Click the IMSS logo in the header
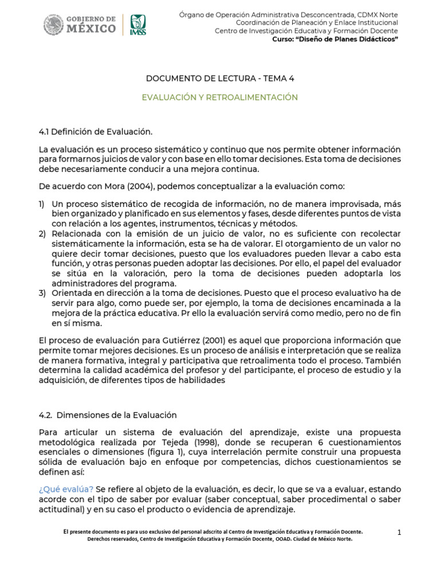click(x=137, y=25)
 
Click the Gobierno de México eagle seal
click(x=54, y=25)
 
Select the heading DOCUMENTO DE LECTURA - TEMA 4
click(x=219, y=78)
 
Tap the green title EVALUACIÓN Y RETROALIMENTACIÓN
click(x=219, y=97)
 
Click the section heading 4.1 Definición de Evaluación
click(x=96, y=132)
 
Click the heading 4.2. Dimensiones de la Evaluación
click(x=108, y=414)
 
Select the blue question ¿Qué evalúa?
click(x=66, y=490)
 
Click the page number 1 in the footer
click(x=399, y=533)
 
